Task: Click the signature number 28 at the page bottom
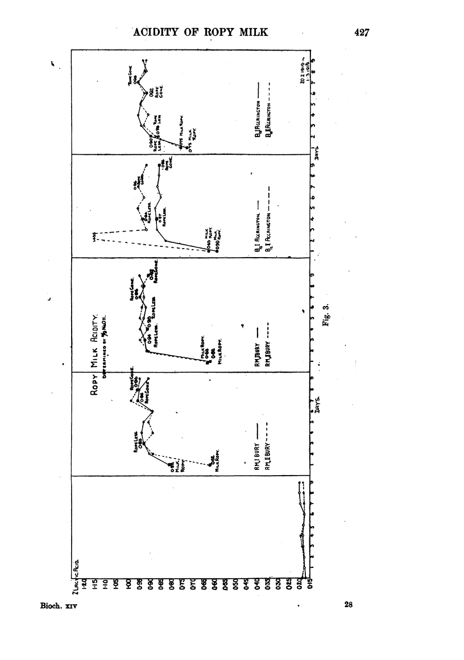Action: (349, 605)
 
